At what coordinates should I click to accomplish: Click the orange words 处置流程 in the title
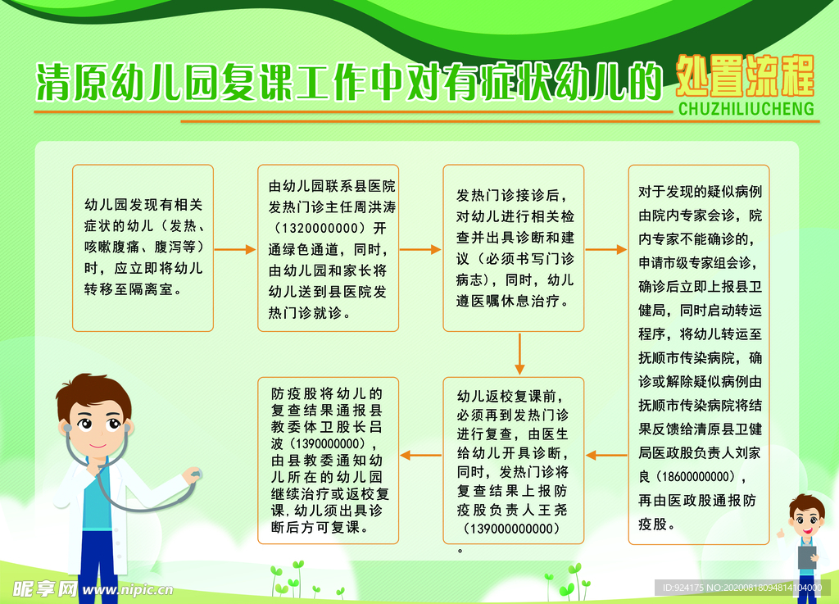[x=745, y=76]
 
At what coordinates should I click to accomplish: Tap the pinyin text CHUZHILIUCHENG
[x=746, y=109]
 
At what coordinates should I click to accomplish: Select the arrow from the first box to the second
[x=235, y=249]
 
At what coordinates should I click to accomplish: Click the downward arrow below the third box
[x=519, y=354]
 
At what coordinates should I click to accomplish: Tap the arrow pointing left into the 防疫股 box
[x=420, y=456]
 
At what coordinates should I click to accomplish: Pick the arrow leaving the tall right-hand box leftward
[x=606, y=456]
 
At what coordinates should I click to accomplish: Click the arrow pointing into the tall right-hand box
[x=606, y=249]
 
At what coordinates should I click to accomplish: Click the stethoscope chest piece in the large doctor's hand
[x=192, y=474]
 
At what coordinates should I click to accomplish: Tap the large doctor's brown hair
[x=94, y=392]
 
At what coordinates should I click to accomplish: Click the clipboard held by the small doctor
[x=807, y=557]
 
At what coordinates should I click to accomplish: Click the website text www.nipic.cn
[x=128, y=590]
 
